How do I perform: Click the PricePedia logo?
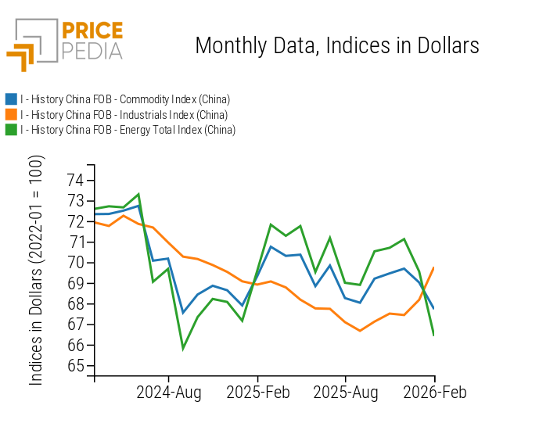pyautogui.click(x=64, y=44)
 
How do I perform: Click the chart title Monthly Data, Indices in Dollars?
pyautogui.click(x=336, y=45)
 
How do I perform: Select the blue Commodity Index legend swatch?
pyautogui.click(x=11, y=99)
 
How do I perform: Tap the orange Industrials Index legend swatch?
pyautogui.click(x=11, y=114)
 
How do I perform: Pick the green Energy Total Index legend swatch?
pyautogui.click(x=11, y=130)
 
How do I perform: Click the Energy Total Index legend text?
pyautogui.click(x=128, y=130)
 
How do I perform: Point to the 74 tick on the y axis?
pyautogui.click(x=75, y=180)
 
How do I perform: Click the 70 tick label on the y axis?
pyautogui.click(x=75, y=263)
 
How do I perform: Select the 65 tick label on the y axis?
pyautogui.click(x=75, y=366)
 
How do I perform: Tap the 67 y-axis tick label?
pyautogui.click(x=75, y=325)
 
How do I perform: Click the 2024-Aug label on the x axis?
pyautogui.click(x=168, y=393)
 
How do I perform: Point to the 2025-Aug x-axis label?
pyautogui.click(x=346, y=393)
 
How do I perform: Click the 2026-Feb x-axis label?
pyautogui.click(x=434, y=393)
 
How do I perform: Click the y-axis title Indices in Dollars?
pyautogui.click(x=37, y=270)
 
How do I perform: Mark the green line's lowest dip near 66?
pyautogui.click(x=183, y=349)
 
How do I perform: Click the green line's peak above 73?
pyautogui.click(x=138, y=194)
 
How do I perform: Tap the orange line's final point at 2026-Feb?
pyautogui.click(x=434, y=267)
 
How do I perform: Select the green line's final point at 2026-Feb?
pyautogui.click(x=434, y=335)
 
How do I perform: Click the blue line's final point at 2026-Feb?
pyautogui.click(x=434, y=308)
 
